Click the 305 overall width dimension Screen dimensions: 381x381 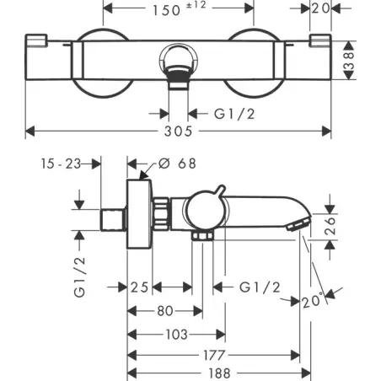click(x=178, y=131)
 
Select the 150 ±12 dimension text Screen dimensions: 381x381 click(x=180, y=9)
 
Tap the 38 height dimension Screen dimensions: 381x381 click(x=349, y=60)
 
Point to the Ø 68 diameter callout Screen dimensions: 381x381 click(x=177, y=164)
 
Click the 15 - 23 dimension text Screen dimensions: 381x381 click(x=61, y=164)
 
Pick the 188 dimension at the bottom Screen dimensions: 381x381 click(x=219, y=373)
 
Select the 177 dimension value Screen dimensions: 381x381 click(x=214, y=356)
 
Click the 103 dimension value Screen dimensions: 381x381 click(x=176, y=335)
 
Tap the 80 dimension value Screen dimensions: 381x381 click(x=165, y=311)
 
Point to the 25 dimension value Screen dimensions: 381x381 click(x=139, y=287)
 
